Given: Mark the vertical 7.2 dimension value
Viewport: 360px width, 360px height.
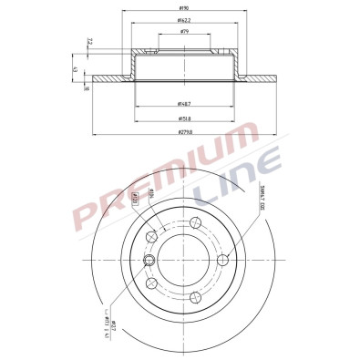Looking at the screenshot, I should [87, 42].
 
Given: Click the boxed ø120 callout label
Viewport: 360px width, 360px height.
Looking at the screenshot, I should [136, 196].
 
